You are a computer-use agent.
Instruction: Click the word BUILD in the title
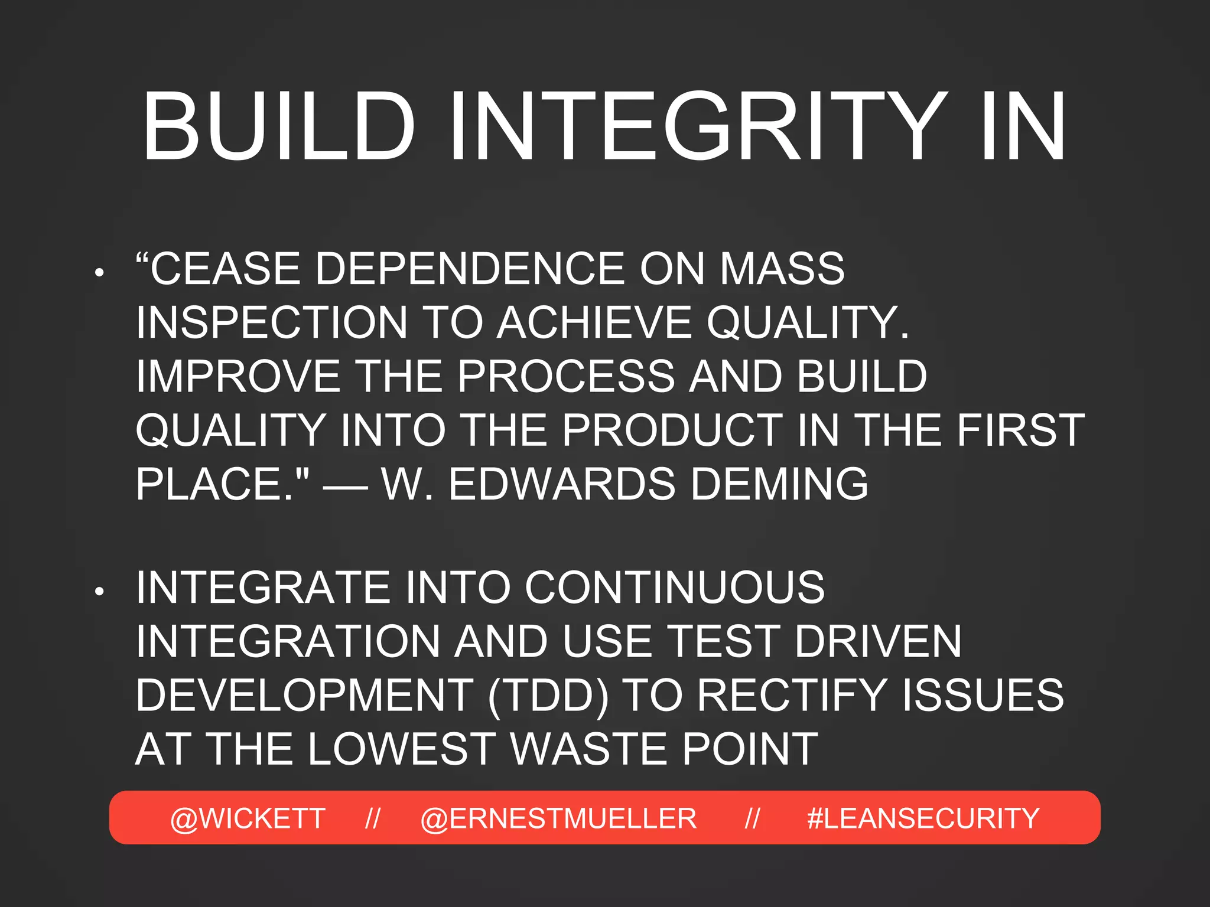click(x=278, y=126)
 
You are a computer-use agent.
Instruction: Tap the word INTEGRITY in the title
click(x=697, y=126)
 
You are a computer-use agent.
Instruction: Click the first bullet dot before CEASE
click(x=99, y=272)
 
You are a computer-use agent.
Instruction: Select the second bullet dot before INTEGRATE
click(x=99, y=591)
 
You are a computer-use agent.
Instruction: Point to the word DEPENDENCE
click(x=470, y=269)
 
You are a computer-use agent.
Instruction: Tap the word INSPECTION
click(x=272, y=322)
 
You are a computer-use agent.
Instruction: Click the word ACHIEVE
click(x=594, y=322)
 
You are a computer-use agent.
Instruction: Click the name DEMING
click(x=779, y=484)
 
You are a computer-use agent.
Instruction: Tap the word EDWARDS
click(x=561, y=484)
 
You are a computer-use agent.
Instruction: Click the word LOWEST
click(x=402, y=749)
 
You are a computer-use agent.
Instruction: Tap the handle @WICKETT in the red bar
click(x=248, y=818)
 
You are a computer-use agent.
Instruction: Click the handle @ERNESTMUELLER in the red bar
click(x=558, y=818)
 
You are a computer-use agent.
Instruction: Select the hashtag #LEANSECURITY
click(x=923, y=818)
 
